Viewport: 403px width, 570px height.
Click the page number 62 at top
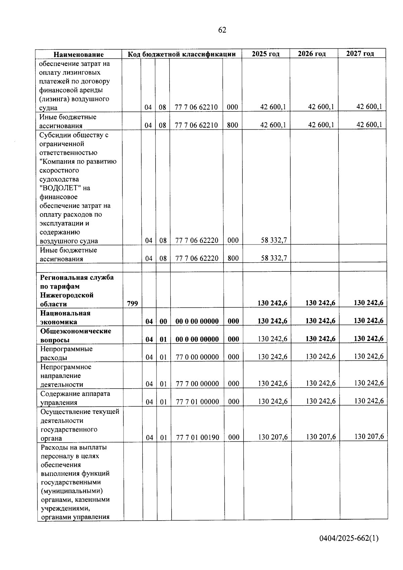pos(222,30)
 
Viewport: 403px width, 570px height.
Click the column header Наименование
pos(79,54)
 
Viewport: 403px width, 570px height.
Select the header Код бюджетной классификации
pos(181,54)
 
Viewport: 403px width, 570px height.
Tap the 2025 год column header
pos(266,54)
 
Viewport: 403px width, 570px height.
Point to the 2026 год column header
pos(312,54)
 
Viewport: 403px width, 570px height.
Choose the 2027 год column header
pos(360,53)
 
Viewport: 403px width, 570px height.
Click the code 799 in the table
pos(133,304)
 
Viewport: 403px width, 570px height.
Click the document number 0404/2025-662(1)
pos(349,538)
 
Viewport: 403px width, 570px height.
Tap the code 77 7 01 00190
pos(197,437)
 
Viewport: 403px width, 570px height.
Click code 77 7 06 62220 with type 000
pos(197,240)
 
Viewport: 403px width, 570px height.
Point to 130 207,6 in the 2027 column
pos(369,436)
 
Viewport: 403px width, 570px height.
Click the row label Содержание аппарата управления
pos(75,398)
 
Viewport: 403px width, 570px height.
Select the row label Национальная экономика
pos(65,317)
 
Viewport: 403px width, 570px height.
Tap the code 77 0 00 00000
pos(197,357)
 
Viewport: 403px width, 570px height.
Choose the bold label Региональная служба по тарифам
pos(77,282)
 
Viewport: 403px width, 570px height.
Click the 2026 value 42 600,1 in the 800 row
pos(321,125)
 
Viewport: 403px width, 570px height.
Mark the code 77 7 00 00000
pos(197,384)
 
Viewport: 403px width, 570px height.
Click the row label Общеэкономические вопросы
pos(76,335)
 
